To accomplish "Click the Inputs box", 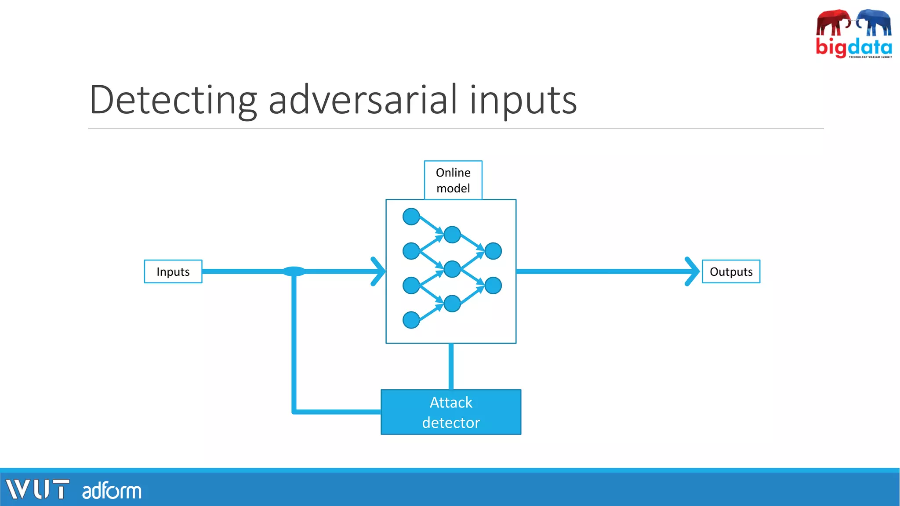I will pos(173,271).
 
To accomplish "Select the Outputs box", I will pos(731,271).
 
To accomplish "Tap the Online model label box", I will pos(453,180).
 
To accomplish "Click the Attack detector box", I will pos(451,412).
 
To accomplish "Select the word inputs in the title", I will pos(523,101).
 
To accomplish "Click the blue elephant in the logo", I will pos(875,22).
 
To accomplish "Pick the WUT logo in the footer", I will pos(37,489).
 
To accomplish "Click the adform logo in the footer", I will pos(112,491).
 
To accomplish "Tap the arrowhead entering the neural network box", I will pos(378,271).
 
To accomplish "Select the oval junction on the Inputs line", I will pos(294,271).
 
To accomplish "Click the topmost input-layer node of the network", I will pos(411,217).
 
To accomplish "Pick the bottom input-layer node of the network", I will pos(411,320).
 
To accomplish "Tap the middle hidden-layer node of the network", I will pos(452,269).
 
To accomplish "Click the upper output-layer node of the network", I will pos(493,251).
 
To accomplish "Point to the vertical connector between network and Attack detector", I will pos(451,366).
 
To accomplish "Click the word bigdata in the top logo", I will pos(853,47).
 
